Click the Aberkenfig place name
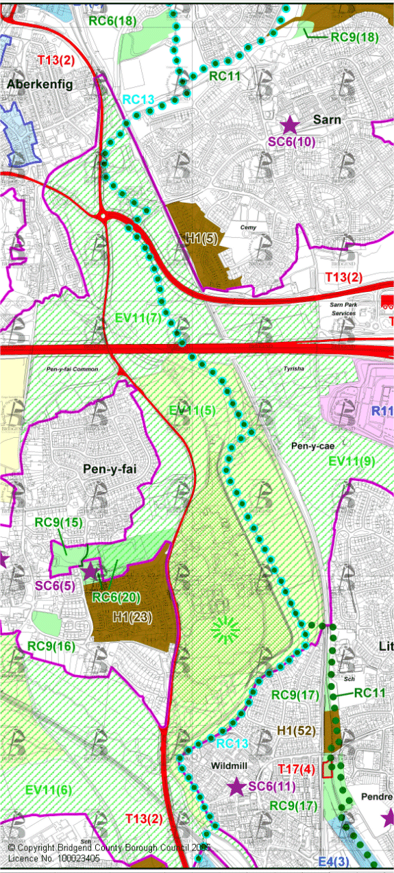40,84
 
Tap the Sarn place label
327,119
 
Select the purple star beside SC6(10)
290,125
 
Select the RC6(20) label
116,598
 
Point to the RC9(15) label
59,523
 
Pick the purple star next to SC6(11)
237,787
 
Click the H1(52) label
296,731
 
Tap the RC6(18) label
112,21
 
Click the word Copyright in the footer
42,848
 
